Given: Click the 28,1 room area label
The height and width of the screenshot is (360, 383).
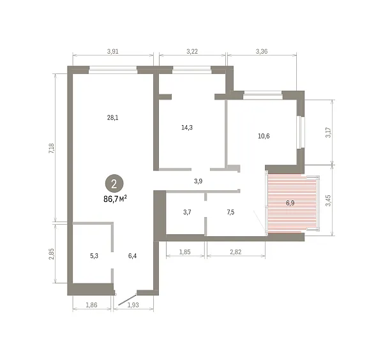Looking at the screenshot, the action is pos(112,117).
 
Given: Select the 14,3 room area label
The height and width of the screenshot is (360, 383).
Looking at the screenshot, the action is pos(187,127).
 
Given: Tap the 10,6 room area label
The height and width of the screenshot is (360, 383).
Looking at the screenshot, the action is pos(264,136).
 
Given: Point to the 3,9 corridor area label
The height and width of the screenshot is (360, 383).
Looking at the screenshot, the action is pos(198,181).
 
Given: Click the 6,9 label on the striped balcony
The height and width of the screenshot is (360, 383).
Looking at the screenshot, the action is pos(290,203).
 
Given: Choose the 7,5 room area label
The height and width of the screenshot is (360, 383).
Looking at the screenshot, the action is pos(230,212).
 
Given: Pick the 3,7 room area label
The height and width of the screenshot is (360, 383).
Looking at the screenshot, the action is pos(187,212).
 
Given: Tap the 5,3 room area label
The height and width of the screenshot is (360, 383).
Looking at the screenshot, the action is pos(94,256).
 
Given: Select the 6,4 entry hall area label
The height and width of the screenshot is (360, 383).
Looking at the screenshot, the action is pos(132,256).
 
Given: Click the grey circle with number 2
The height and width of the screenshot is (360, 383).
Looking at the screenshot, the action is pos(114,183).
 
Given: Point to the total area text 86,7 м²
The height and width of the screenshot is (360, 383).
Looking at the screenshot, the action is pos(115,199).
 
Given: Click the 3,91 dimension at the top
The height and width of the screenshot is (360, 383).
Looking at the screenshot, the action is pos(112,51).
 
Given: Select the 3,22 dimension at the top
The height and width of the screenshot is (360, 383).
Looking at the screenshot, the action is pos(192,51).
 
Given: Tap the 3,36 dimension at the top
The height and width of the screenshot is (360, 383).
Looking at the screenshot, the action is pos(262,51).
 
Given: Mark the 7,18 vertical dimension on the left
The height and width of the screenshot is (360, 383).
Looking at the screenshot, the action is pos(52,148).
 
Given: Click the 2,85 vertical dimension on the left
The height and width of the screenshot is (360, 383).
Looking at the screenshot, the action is pos(52,254).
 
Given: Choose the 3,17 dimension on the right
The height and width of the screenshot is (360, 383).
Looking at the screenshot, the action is pos(328,132).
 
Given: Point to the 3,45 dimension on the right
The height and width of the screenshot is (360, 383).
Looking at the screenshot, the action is pos(328,200).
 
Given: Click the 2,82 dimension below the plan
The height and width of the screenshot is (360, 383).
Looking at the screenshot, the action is pos(236,251).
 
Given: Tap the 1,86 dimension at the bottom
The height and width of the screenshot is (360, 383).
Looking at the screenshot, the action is pos(91,305).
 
